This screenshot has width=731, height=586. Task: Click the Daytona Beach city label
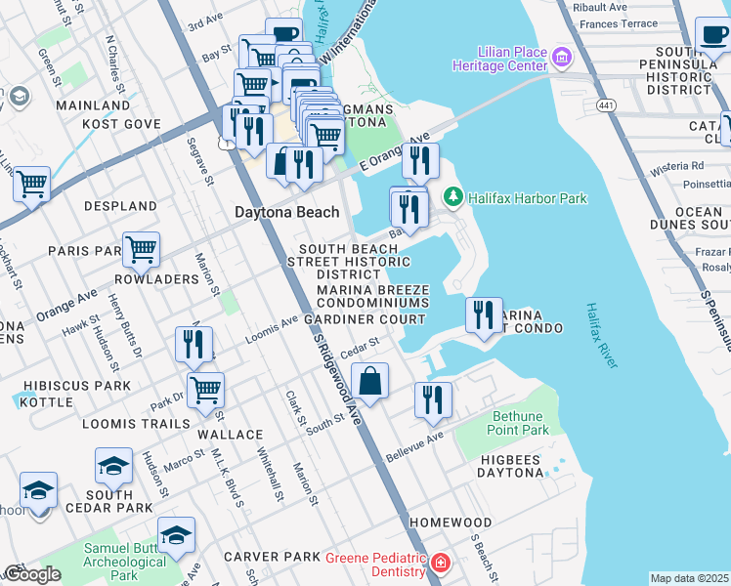point(286,212)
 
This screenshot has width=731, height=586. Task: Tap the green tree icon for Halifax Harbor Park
point(452,197)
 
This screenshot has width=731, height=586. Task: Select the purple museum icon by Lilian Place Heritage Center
point(561,58)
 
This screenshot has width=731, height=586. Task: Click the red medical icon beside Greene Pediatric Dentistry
point(441,563)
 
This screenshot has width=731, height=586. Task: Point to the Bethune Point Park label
point(518,422)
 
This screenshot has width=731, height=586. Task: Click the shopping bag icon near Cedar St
point(370,381)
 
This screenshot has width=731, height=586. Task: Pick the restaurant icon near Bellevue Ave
point(433,399)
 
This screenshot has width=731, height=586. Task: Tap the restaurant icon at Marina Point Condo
point(484,314)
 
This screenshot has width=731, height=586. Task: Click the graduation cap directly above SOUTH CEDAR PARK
point(113,466)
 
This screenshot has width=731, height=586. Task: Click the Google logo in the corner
point(31,574)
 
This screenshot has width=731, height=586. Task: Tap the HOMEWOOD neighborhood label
point(450,523)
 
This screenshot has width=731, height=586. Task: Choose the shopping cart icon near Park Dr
point(205,390)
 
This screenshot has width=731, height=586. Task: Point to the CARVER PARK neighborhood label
point(272,557)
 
